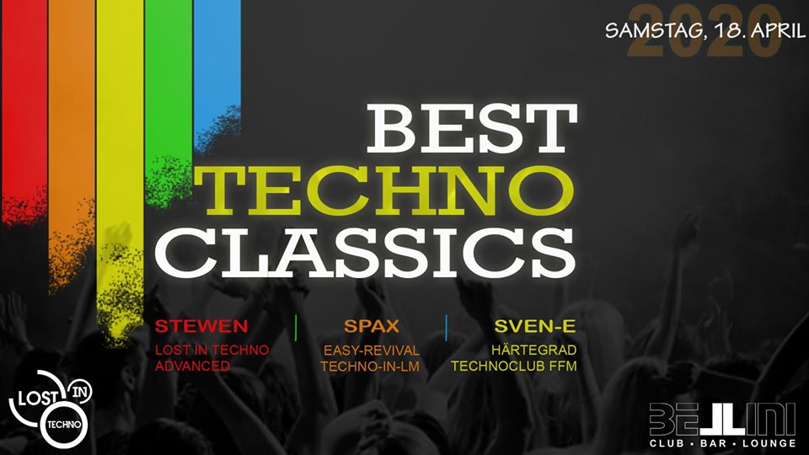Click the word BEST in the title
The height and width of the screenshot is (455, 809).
[x=472, y=128]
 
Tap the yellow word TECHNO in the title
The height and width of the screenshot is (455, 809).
[x=384, y=191]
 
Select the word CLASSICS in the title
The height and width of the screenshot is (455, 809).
[x=365, y=252]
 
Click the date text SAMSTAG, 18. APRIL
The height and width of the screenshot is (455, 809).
[x=705, y=30]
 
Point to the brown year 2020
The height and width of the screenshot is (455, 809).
[x=705, y=30]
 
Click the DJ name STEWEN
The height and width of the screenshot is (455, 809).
[x=201, y=326]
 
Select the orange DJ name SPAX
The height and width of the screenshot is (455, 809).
[x=372, y=326]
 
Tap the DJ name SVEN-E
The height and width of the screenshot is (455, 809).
[x=535, y=326]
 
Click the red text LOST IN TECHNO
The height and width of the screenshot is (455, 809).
[x=212, y=350]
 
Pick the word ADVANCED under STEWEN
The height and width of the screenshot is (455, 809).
[x=192, y=366]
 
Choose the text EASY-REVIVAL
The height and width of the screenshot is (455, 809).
[x=372, y=351]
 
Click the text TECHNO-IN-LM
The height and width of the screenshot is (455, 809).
[x=370, y=367]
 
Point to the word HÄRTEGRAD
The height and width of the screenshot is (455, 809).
[x=534, y=350]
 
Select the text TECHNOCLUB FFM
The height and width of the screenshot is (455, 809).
[x=514, y=366]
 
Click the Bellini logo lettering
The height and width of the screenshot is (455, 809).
[x=722, y=419]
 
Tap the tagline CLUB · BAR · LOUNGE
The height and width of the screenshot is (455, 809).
[x=723, y=443]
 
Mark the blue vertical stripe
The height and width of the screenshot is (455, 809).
[x=217, y=67]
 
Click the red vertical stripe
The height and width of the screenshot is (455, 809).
[x=24, y=103]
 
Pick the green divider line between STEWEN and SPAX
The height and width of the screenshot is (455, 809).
[x=296, y=328]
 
